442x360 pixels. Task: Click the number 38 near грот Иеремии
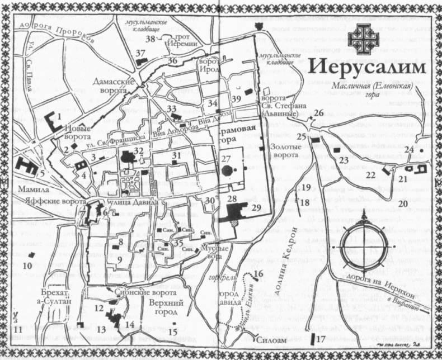(150, 39)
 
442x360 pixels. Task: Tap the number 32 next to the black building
(139, 150)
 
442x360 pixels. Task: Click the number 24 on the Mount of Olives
(409, 149)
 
